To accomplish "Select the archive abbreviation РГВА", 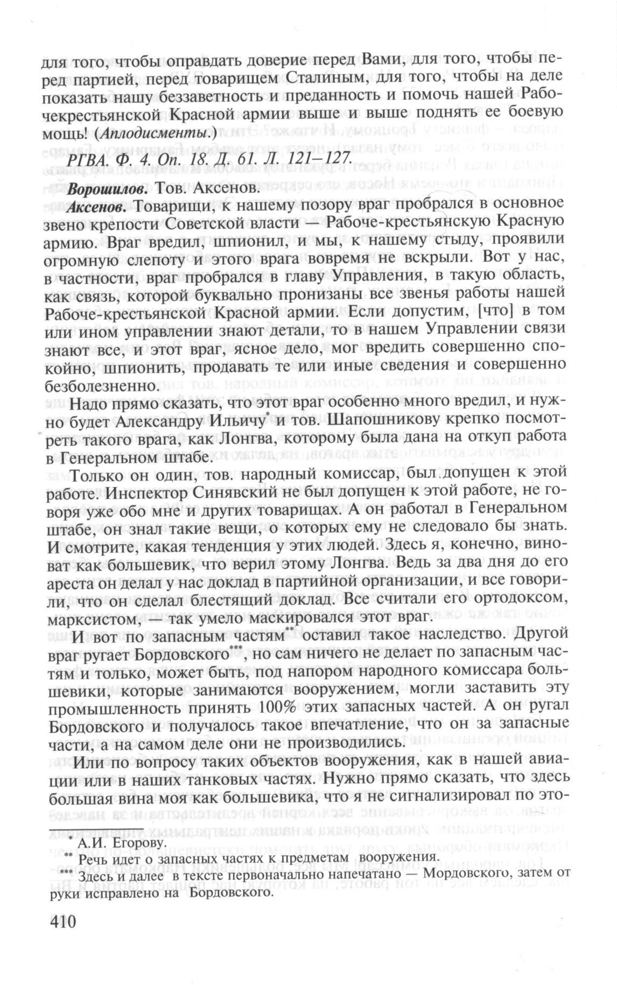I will click(x=88, y=159).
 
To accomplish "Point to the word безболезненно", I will click(x=98, y=386).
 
